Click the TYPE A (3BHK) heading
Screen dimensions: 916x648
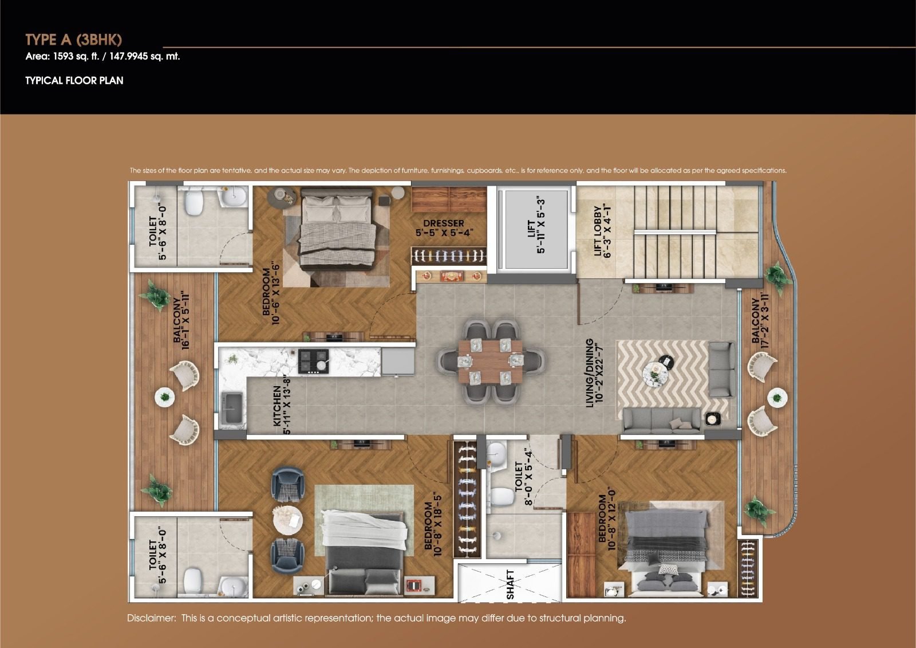[x=74, y=40]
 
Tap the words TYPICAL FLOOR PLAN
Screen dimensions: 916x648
[x=74, y=80]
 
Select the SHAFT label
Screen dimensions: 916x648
[x=510, y=584]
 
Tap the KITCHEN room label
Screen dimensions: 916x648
[x=282, y=404]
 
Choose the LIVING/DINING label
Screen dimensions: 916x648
[x=594, y=372]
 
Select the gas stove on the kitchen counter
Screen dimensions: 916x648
[x=313, y=361]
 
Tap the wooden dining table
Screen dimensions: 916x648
[x=490, y=362]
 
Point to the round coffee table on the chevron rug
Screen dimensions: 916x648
[x=655, y=374]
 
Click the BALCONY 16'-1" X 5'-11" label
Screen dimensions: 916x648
[x=181, y=320]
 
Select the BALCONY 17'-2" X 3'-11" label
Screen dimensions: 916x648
[x=760, y=320]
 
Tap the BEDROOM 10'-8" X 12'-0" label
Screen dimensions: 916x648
[x=607, y=519]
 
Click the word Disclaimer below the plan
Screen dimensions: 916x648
[x=151, y=618]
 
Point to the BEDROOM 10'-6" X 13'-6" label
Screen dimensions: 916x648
[x=271, y=294]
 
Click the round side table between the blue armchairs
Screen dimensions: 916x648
[x=288, y=520]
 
